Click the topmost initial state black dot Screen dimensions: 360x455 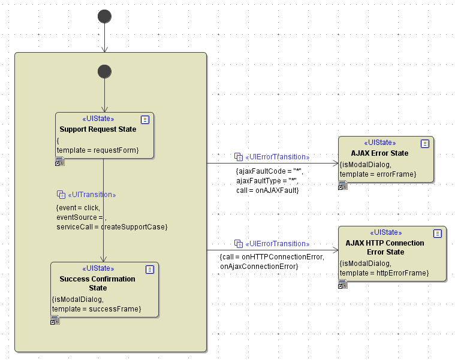click(x=105, y=16)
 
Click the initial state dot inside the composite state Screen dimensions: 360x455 click(x=104, y=71)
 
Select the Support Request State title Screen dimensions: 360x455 click(x=98, y=129)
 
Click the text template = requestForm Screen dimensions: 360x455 click(x=98, y=150)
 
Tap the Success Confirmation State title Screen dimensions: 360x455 click(x=98, y=283)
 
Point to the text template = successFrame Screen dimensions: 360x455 click(x=97, y=309)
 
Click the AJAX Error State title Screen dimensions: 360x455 click(x=379, y=153)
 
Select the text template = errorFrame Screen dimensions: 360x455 click(x=378, y=174)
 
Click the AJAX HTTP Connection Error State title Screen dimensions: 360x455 click(x=385, y=247)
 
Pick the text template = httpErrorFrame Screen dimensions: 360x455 click(x=384, y=273)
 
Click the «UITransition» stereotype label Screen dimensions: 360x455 click(x=92, y=195)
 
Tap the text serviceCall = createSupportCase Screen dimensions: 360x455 click(x=112, y=227)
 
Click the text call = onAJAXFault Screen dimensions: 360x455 click(x=267, y=190)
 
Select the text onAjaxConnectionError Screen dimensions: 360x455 click(x=259, y=266)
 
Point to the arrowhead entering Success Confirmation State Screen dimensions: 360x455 click(x=104, y=259)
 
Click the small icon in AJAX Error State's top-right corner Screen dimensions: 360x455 click(x=425, y=144)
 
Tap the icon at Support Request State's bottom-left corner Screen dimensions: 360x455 click(x=59, y=162)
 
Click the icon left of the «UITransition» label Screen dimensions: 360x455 click(x=61, y=195)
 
